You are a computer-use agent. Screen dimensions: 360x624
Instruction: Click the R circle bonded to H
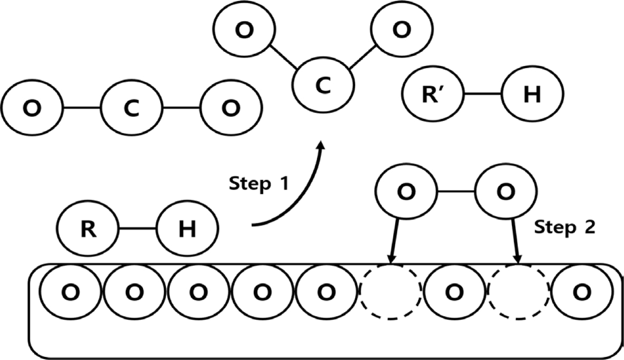click(88, 229)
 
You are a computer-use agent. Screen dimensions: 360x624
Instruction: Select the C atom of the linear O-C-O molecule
click(132, 108)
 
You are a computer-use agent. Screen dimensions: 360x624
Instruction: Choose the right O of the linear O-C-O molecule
click(230, 108)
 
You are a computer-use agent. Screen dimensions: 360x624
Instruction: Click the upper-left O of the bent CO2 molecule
click(244, 31)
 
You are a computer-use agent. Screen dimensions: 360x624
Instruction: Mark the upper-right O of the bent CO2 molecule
click(401, 30)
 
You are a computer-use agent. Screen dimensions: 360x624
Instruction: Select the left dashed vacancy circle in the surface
click(390, 291)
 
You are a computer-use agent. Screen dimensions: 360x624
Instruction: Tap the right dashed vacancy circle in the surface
click(518, 291)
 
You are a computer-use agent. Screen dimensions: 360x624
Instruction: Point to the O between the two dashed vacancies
click(455, 291)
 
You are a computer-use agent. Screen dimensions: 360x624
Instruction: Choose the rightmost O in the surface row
click(582, 291)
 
